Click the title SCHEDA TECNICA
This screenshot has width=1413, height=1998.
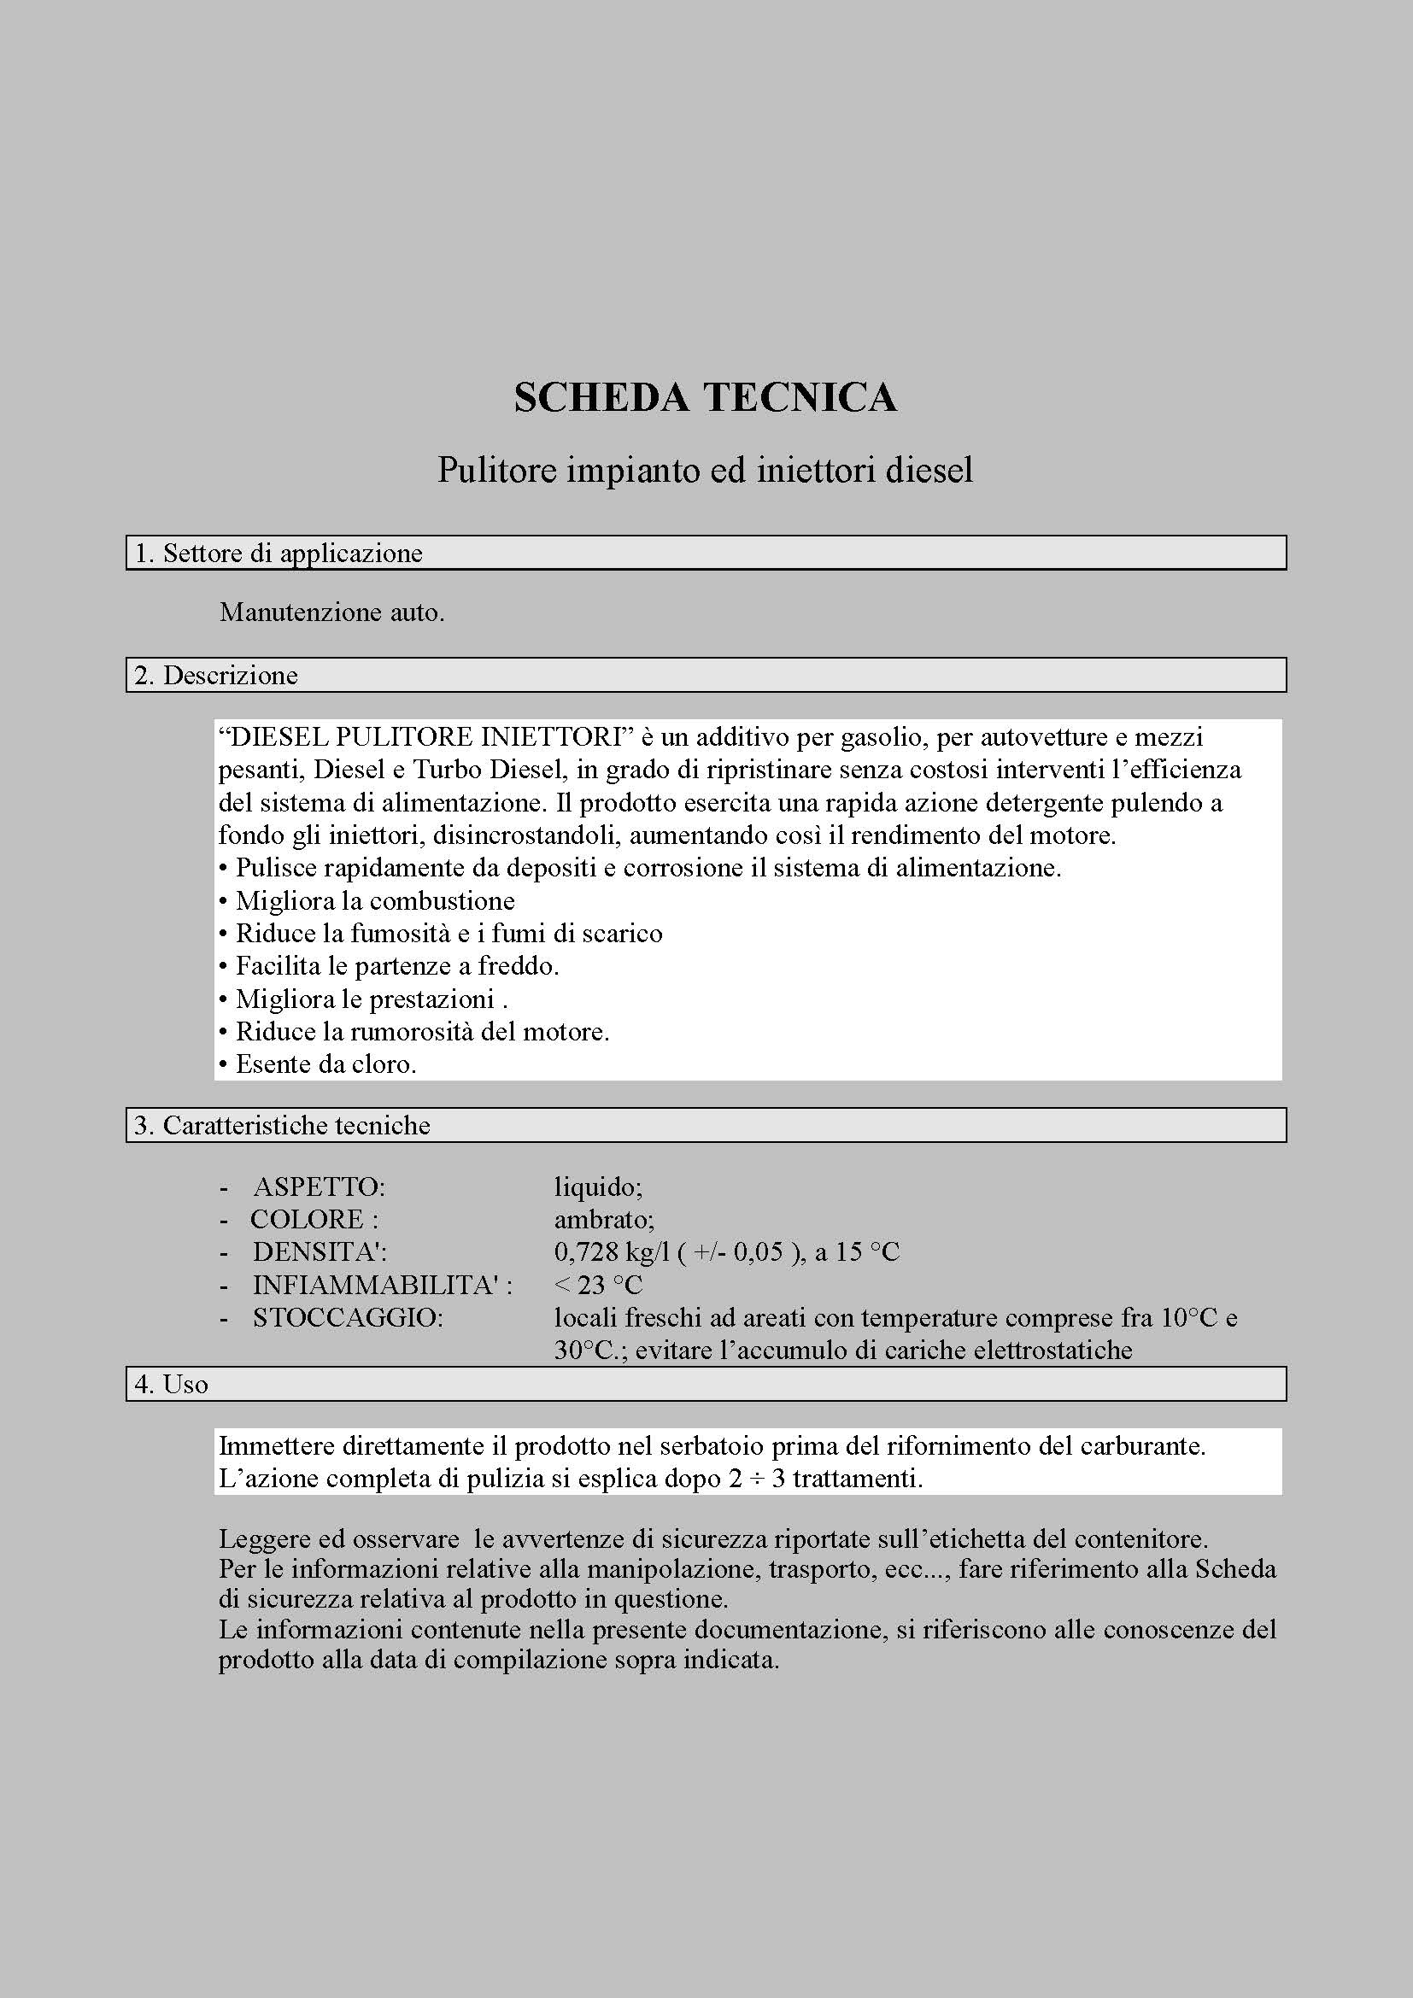point(705,398)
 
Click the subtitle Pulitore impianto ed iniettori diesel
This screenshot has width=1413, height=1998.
point(705,471)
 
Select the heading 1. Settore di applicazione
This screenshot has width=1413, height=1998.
point(278,554)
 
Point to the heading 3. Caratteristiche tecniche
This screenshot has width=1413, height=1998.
point(282,1125)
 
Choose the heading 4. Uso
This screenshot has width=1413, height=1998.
point(172,1384)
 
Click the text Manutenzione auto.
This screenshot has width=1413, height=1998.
point(331,612)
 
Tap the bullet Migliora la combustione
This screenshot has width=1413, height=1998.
point(374,900)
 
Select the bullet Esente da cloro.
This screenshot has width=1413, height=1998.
point(325,1064)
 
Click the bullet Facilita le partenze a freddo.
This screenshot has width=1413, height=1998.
point(396,966)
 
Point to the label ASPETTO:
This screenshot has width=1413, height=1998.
point(319,1187)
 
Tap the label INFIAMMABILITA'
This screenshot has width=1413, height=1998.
point(381,1286)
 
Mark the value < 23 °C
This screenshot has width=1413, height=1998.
point(598,1286)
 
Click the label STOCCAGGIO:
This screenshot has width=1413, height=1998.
point(348,1317)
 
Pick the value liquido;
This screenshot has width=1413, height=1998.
point(598,1187)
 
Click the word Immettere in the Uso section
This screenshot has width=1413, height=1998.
point(276,1446)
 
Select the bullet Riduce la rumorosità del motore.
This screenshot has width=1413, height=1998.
point(422,1032)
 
